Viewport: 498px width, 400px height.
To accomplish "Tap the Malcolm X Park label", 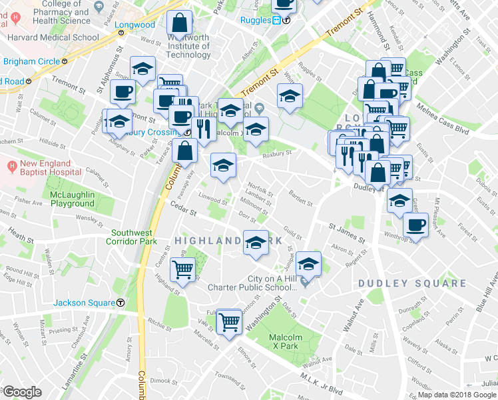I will [286, 342].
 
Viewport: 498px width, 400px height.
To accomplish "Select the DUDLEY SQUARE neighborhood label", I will [412, 283].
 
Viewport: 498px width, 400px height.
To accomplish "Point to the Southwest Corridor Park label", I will [133, 237].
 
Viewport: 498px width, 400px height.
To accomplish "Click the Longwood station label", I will [134, 25].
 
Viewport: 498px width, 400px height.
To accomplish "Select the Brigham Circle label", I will [31, 62].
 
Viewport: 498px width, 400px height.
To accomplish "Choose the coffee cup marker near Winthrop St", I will [415, 224].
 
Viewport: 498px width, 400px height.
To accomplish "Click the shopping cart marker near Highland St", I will [182, 269].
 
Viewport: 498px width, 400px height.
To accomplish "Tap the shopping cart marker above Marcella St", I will [228, 321].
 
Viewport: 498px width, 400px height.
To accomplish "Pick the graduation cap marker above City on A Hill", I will [308, 264].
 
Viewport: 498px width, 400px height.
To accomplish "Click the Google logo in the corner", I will [21, 392].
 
